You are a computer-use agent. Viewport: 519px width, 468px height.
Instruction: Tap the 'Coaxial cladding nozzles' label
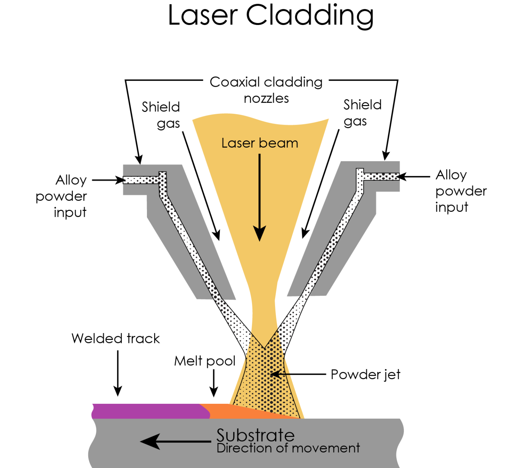(x=266, y=90)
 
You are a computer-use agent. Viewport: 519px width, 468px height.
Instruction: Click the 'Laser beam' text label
(x=259, y=143)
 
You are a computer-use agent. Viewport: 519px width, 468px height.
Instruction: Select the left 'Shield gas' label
(x=161, y=115)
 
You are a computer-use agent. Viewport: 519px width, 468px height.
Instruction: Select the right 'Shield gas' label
(x=362, y=113)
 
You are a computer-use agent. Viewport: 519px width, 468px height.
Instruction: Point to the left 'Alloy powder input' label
(x=62, y=196)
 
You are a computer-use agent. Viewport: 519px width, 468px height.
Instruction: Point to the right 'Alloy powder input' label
(x=460, y=191)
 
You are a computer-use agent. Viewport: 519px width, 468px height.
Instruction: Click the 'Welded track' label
(x=116, y=339)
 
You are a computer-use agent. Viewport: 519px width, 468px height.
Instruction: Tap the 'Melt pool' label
(x=205, y=361)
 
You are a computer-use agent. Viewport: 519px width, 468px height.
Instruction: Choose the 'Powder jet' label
(x=365, y=374)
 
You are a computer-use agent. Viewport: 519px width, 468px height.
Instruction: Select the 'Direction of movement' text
(x=288, y=448)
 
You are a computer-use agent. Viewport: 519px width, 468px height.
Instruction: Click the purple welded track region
(x=149, y=411)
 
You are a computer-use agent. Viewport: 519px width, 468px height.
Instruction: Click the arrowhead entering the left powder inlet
(x=120, y=180)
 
